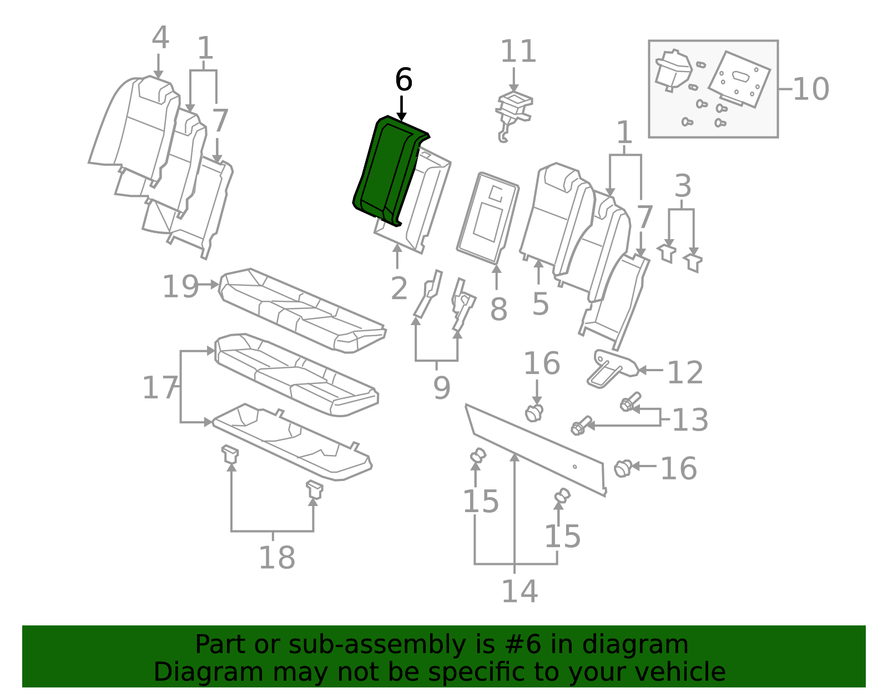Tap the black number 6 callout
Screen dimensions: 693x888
403,80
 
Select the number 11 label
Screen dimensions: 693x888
518,52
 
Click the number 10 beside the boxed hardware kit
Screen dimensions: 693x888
810,89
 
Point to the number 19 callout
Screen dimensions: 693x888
180,287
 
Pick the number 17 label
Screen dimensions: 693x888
160,387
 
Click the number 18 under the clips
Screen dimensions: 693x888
277,558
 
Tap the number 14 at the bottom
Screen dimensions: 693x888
519,591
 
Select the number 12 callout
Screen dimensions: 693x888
685,372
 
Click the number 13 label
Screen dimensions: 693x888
690,420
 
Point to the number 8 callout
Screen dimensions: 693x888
498,309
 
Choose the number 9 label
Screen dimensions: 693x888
441,388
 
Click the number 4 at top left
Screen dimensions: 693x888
160,38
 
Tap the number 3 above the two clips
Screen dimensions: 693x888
683,186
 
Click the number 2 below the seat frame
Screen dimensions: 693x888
399,289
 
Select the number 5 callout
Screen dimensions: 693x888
540,304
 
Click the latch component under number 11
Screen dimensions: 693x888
514,112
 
